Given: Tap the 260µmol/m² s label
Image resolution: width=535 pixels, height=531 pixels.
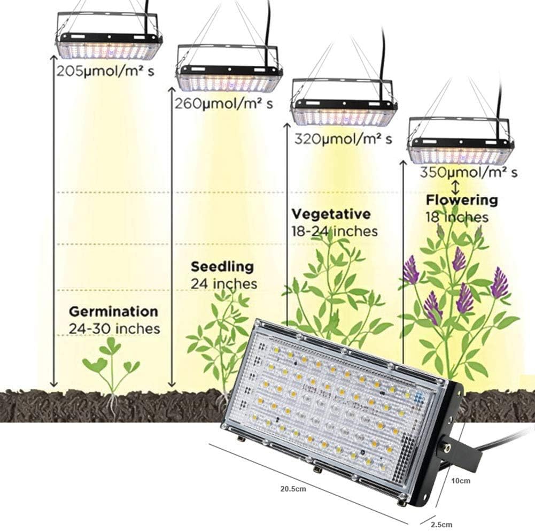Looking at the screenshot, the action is click(223, 103).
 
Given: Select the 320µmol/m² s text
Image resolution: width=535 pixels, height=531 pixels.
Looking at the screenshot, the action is click(343, 139).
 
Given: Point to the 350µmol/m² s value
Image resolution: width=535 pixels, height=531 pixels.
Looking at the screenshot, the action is click(468, 172).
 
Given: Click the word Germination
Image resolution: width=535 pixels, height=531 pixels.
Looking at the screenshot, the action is click(113, 311).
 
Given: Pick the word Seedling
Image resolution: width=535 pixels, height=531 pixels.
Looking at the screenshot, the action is click(222, 266).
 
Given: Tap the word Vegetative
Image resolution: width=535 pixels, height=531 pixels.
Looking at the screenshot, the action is click(331, 214).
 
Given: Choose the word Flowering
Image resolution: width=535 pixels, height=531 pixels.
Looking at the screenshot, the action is click(461, 201).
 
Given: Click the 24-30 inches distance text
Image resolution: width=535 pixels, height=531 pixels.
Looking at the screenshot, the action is click(114, 328).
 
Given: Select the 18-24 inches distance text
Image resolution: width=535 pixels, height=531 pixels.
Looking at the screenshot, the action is click(335, 231).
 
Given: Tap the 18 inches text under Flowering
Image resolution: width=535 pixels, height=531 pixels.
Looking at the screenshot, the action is click(456, 217).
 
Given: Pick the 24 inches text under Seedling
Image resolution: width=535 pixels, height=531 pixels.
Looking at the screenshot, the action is click(224, 283).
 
